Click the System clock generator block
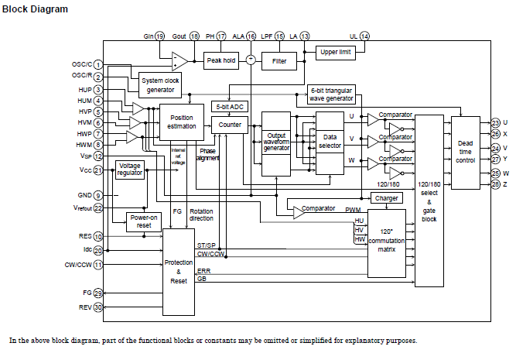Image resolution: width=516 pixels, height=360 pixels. tap(161, 85)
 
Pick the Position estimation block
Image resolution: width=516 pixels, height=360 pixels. tap(182, 122)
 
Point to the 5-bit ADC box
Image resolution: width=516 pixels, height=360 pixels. tap(230, 106)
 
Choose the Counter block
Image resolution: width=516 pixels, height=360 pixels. tap(230, 124)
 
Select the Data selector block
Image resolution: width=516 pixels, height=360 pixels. tap(330, 142)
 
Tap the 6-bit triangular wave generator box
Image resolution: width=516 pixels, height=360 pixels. tap(331, 94)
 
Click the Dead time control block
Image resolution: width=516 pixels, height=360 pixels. tap(466, 153)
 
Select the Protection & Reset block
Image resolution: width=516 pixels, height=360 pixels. tap(179, 272)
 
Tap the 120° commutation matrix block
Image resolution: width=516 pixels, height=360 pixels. tap(387, 242)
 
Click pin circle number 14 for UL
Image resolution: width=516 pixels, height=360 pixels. tap(364, 36)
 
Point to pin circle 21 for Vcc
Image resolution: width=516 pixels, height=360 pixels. tap(98, 170)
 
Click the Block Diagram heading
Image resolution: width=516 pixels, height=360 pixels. tap(35, 9)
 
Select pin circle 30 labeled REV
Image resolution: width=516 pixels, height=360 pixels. tap(98, 307)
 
